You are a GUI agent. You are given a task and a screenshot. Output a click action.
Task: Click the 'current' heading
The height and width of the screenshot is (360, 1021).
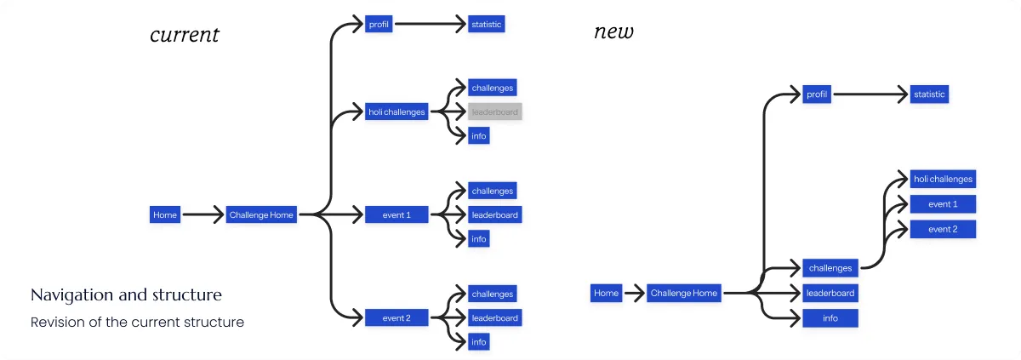185,35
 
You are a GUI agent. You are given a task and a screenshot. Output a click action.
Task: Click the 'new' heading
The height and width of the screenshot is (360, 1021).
613,32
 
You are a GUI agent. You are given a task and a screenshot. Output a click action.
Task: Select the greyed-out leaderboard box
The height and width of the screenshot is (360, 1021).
493,111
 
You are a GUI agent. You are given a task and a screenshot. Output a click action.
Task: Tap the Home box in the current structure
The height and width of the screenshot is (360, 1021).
165,215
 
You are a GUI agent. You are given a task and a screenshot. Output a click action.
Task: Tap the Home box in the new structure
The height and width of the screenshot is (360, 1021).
606,294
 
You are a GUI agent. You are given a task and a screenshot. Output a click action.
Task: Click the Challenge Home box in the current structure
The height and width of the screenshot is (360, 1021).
261,215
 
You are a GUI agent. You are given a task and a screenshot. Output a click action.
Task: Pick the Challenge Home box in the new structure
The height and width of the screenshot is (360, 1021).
684,294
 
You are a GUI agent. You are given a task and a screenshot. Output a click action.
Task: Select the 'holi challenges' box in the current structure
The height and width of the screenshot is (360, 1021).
396,111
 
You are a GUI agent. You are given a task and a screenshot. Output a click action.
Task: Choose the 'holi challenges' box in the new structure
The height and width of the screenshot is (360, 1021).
943,179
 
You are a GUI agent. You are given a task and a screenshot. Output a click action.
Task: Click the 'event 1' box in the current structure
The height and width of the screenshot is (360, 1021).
396,215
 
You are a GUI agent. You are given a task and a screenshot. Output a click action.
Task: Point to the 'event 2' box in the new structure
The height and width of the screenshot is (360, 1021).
943,229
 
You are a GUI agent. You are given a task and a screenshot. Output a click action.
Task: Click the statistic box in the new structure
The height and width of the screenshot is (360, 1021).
929,94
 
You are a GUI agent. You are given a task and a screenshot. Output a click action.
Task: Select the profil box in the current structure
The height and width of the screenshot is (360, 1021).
379,25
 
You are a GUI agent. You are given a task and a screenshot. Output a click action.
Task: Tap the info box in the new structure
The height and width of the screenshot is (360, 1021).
830,318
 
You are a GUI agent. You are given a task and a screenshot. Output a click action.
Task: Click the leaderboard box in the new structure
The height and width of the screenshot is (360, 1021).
830,294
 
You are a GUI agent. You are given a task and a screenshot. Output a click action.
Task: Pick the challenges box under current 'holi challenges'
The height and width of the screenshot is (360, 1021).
493,87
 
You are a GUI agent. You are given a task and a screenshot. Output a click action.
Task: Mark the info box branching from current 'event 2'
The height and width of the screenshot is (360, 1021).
479,342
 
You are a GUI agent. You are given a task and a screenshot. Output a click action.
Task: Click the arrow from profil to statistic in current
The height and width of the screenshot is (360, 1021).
430,25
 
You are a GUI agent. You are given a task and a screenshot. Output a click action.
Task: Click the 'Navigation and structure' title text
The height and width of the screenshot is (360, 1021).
126,295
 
